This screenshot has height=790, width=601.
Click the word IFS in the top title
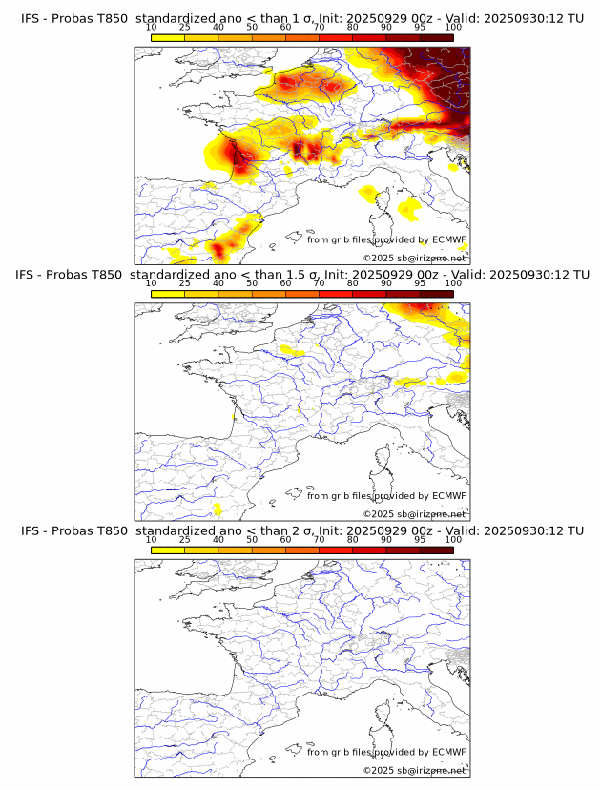[x=31, y=18]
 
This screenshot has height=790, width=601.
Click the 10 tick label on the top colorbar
[x=152, y=27]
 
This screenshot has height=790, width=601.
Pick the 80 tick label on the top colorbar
[x=353, y=27]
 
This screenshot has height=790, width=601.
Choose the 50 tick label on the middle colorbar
[x=252, y=283]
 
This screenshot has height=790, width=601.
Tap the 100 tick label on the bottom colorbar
[x=453, y=540]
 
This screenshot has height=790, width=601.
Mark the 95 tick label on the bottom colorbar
[x=420, y=540]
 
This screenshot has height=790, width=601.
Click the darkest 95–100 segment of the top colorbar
[x=436, y=37]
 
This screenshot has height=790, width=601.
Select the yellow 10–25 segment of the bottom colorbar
[x=168, y=551]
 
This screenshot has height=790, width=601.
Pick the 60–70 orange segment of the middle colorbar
[x=301, y=294]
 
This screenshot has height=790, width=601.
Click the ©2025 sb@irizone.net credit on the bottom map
[x=415, y=770]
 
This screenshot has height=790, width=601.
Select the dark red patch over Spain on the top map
[x=220, y=250]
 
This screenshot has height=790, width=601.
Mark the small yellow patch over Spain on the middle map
[x=218, y=509]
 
